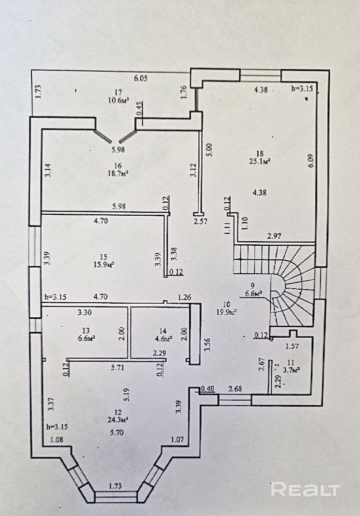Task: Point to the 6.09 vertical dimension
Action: coord(311,164)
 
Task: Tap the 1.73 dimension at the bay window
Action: coord(116,485)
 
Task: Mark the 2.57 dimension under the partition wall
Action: coord(200,220)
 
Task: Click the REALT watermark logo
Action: coord(305,489)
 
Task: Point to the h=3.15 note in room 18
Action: coord(302,89)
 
